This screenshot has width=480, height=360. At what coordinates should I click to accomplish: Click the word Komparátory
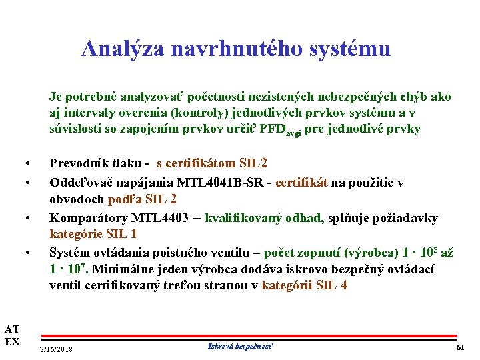(x=89, y=217)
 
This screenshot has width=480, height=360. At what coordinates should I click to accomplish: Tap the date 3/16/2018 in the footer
(x=57, y=349)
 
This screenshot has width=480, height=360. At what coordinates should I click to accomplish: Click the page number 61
(x=460, y=348)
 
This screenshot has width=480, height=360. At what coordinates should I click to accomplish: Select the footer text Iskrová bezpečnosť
(x=241, y=346)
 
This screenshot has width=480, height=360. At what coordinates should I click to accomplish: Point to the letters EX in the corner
(x=12, y=342)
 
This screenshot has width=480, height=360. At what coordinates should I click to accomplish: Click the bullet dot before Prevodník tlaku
(x=27, y=164)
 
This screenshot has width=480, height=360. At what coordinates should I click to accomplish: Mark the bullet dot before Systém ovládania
(x=27, y=253)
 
